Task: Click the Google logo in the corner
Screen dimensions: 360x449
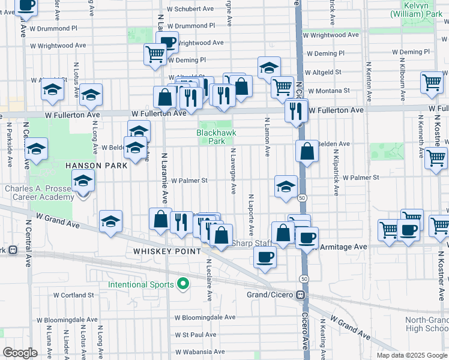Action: [20, 352]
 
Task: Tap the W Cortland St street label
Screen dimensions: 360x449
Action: [73, 295]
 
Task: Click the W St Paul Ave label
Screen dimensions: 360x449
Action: [195, 334]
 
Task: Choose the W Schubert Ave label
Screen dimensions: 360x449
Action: [190, 9]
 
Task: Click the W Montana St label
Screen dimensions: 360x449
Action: [330, 90]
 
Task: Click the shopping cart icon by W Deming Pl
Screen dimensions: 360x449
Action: [155, 55]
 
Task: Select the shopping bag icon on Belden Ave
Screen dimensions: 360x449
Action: [307, 152]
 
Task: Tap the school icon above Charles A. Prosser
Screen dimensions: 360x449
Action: [83, 180]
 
